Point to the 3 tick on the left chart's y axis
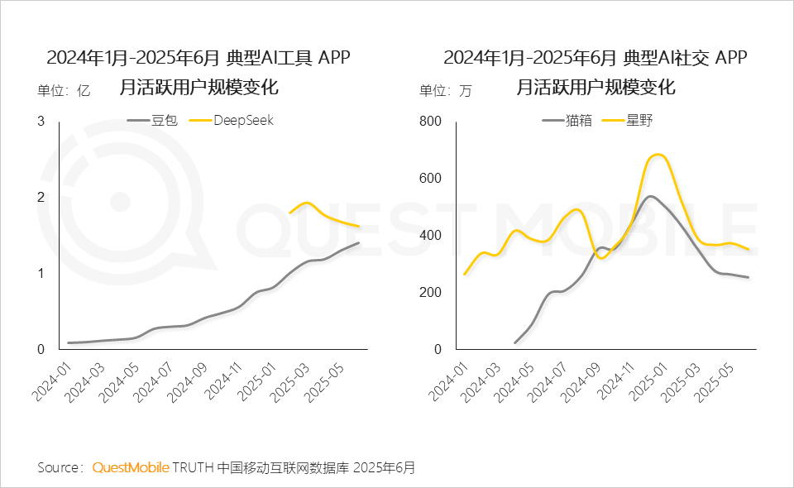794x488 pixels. [41, 122]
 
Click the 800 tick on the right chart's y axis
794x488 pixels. [433, 122]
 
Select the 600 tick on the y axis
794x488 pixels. [433, 179]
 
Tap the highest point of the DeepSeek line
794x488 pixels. [306, 203]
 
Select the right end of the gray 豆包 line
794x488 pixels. [359, 242]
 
